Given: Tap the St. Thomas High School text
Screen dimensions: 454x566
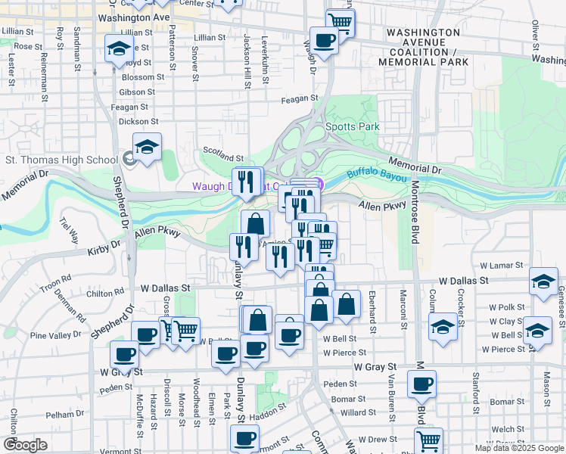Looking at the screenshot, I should coord(61,160).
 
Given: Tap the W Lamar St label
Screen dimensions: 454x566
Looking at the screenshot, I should coord(502,266).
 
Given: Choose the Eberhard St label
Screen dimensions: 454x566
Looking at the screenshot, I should coord(372,310).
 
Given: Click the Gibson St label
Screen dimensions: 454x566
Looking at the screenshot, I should coord(137,92).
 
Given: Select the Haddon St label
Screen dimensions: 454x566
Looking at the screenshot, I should coord(265,414).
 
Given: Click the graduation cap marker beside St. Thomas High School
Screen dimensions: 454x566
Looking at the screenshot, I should coord(148,147).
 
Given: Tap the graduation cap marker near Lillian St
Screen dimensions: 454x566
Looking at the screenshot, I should coord(118,48).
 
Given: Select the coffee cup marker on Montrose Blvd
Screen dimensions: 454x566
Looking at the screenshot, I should coord(421,383).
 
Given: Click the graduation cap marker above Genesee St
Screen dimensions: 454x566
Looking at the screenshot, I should coord(543,281).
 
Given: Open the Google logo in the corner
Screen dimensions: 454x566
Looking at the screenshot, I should coord(25,445).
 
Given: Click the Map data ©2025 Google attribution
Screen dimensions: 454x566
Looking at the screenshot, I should coord(518,448).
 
